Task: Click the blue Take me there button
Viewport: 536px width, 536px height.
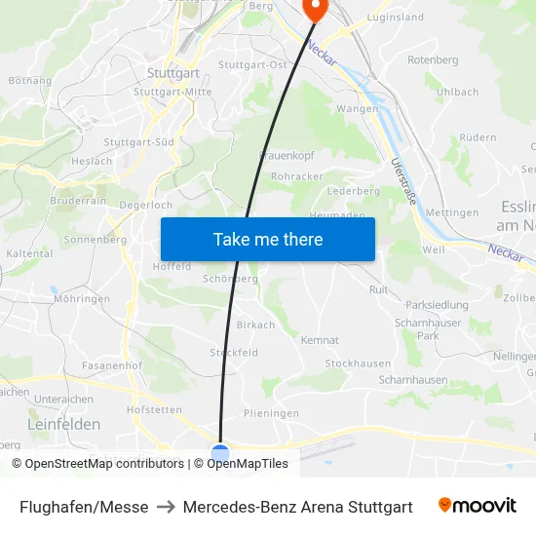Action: [x=267, y=239]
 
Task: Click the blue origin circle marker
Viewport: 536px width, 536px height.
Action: [x=221, y=452]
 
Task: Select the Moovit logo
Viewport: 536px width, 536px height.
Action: [x=477, y=506]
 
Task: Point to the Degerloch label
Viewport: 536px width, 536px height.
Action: [x=145, y=206]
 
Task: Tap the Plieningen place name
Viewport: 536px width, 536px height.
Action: [x=271, y=413]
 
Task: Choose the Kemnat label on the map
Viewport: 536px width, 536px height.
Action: [x=320, y=340]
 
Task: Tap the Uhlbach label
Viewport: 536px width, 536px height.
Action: [x=457, y=92]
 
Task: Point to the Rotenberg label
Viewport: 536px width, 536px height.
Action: [x=432, y=60]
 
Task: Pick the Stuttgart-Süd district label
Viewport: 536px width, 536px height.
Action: [x=138, y=141]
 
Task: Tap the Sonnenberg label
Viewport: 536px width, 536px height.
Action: [x=95, y=239]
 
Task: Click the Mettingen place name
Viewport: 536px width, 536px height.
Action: [x=452, y=212]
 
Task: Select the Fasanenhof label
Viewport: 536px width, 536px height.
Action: [x=113, y=365]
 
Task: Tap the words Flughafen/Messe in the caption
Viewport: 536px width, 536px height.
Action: [x=84, y=507]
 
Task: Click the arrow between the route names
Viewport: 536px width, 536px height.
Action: [x=166, y=507]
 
